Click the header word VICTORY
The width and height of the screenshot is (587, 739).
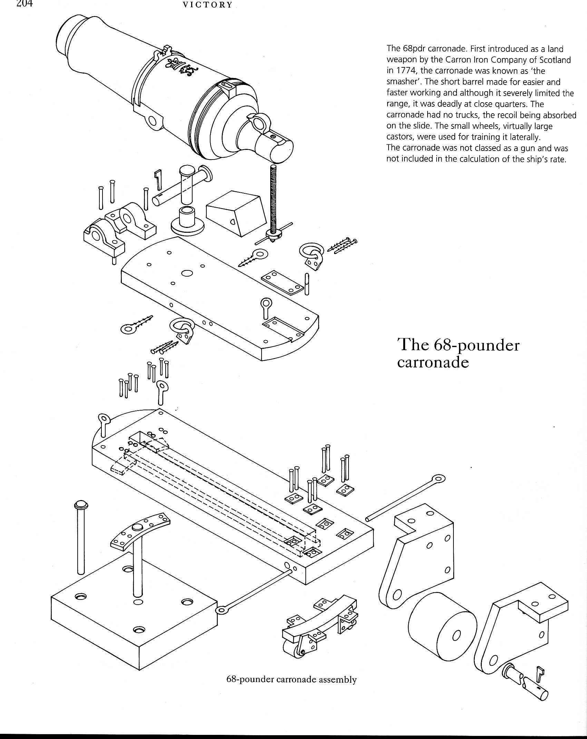click(x=208, y=5)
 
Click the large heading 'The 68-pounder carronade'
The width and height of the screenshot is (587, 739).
click(x=458, y=354)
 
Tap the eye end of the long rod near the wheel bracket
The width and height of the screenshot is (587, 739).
click(x=439, y=479)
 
